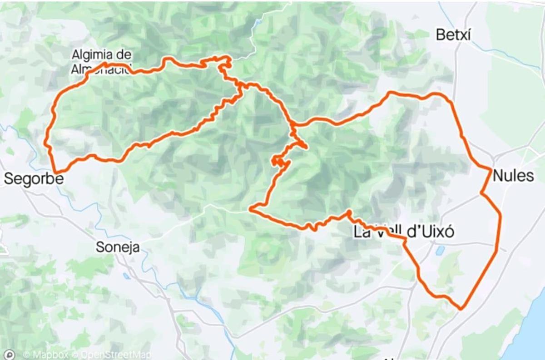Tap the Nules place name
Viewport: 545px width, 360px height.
pyautogui.click(x=513, y=175)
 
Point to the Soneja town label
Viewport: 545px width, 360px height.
pyautogui.click(x=118, y=247)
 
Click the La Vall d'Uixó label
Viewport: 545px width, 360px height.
pyautogui.click(x=404, y=232)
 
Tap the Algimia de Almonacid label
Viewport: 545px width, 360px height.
pyautogui.click(x=102, y=62)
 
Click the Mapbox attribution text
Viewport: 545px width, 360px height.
pyautogui.click(x=45, y=355)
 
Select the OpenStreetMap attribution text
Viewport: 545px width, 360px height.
pyautogui.click(x=111, y=355)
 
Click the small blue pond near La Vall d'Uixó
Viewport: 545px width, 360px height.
pyautogui.click(x=440, y=250)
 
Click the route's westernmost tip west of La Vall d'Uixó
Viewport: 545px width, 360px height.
pyautogui.click(x=251, y=209)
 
